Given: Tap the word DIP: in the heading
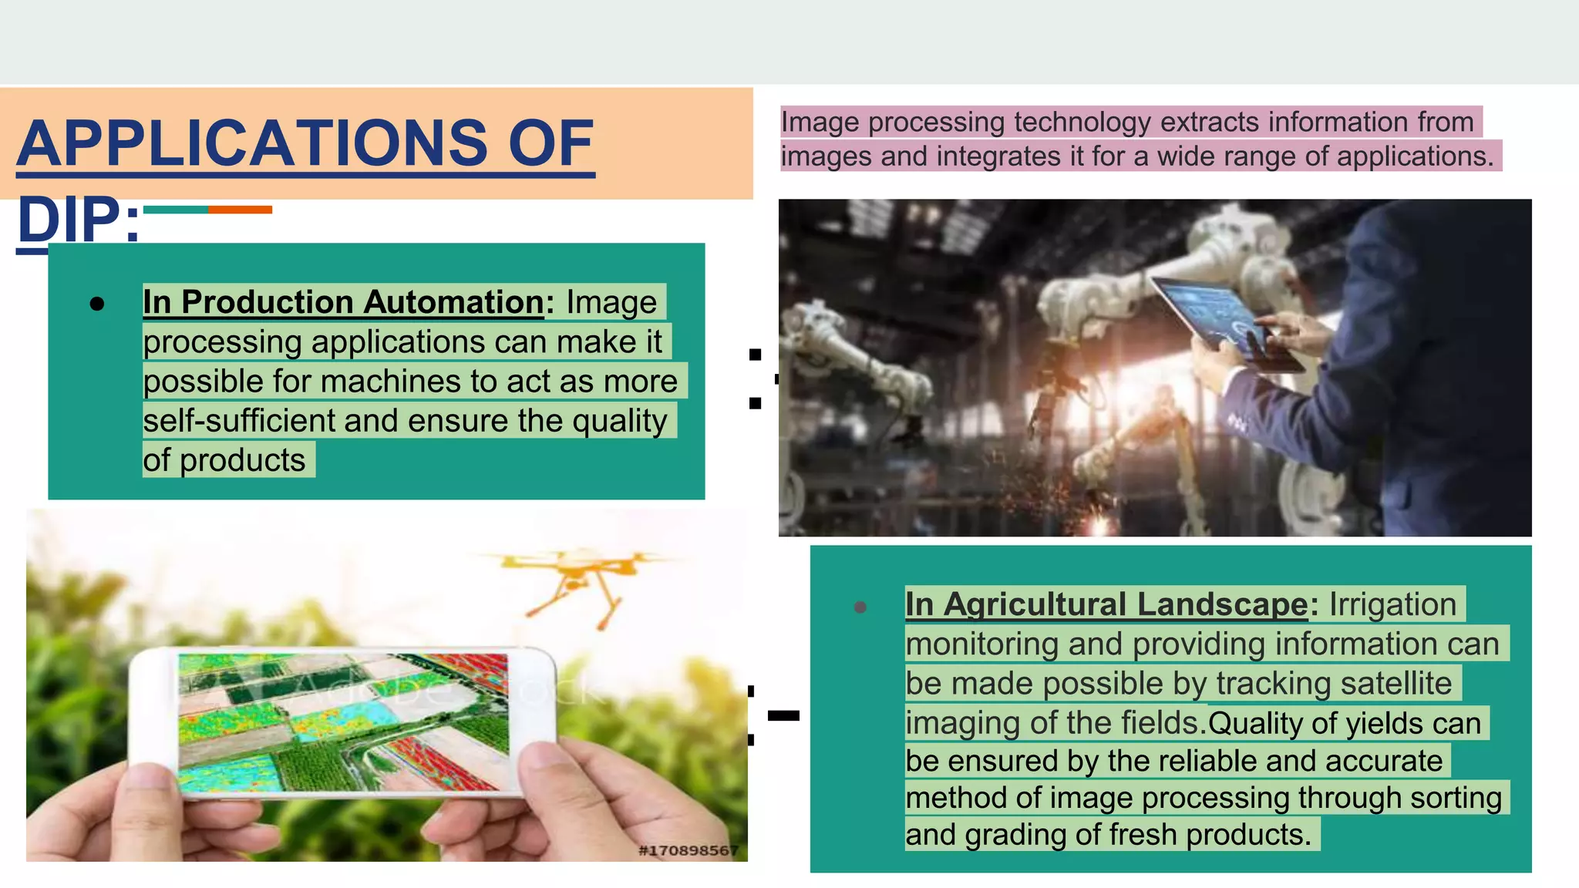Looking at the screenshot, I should pos(78,220).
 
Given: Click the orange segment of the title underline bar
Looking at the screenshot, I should pos(240,210).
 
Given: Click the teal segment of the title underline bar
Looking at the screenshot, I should pos(175,210).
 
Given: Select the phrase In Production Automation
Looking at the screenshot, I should pos(344,302).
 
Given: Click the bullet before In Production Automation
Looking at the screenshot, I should pos(97,304).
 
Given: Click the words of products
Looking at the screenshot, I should pos(224,460).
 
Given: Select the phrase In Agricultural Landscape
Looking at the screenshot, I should pos(1106,604).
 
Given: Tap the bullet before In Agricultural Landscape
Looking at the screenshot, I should pos(860,607).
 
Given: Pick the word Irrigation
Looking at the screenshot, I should pos(1392,604).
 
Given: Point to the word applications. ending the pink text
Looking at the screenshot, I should pos(1415,156).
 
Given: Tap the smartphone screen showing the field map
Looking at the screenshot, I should pos(344,722).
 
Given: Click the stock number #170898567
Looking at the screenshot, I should pos(688,850).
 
